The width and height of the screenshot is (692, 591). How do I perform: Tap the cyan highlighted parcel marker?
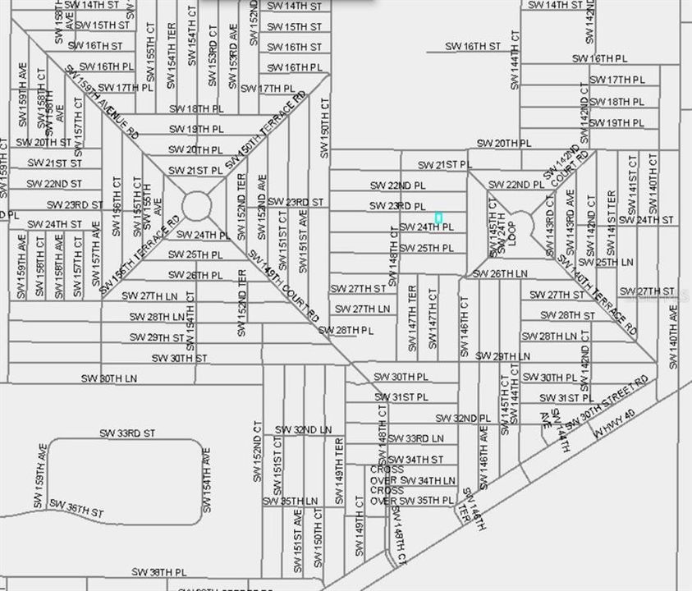[x=438, y=218]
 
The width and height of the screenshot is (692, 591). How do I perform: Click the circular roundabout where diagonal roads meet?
[x=196, y=205]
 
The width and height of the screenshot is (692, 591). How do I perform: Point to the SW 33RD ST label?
[x=127, y=433]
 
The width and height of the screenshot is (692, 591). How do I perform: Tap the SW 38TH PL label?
[x=160, y=571]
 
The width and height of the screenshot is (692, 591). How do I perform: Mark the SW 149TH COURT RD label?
[x=284, y=285]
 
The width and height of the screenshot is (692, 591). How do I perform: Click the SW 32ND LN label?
[x=303, y=429]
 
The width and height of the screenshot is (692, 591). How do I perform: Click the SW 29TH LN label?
[x=502, y=356]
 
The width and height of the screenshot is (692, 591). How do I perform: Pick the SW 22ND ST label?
[x=55, y=184]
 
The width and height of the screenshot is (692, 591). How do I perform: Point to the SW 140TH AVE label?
[x=674, y=337]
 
